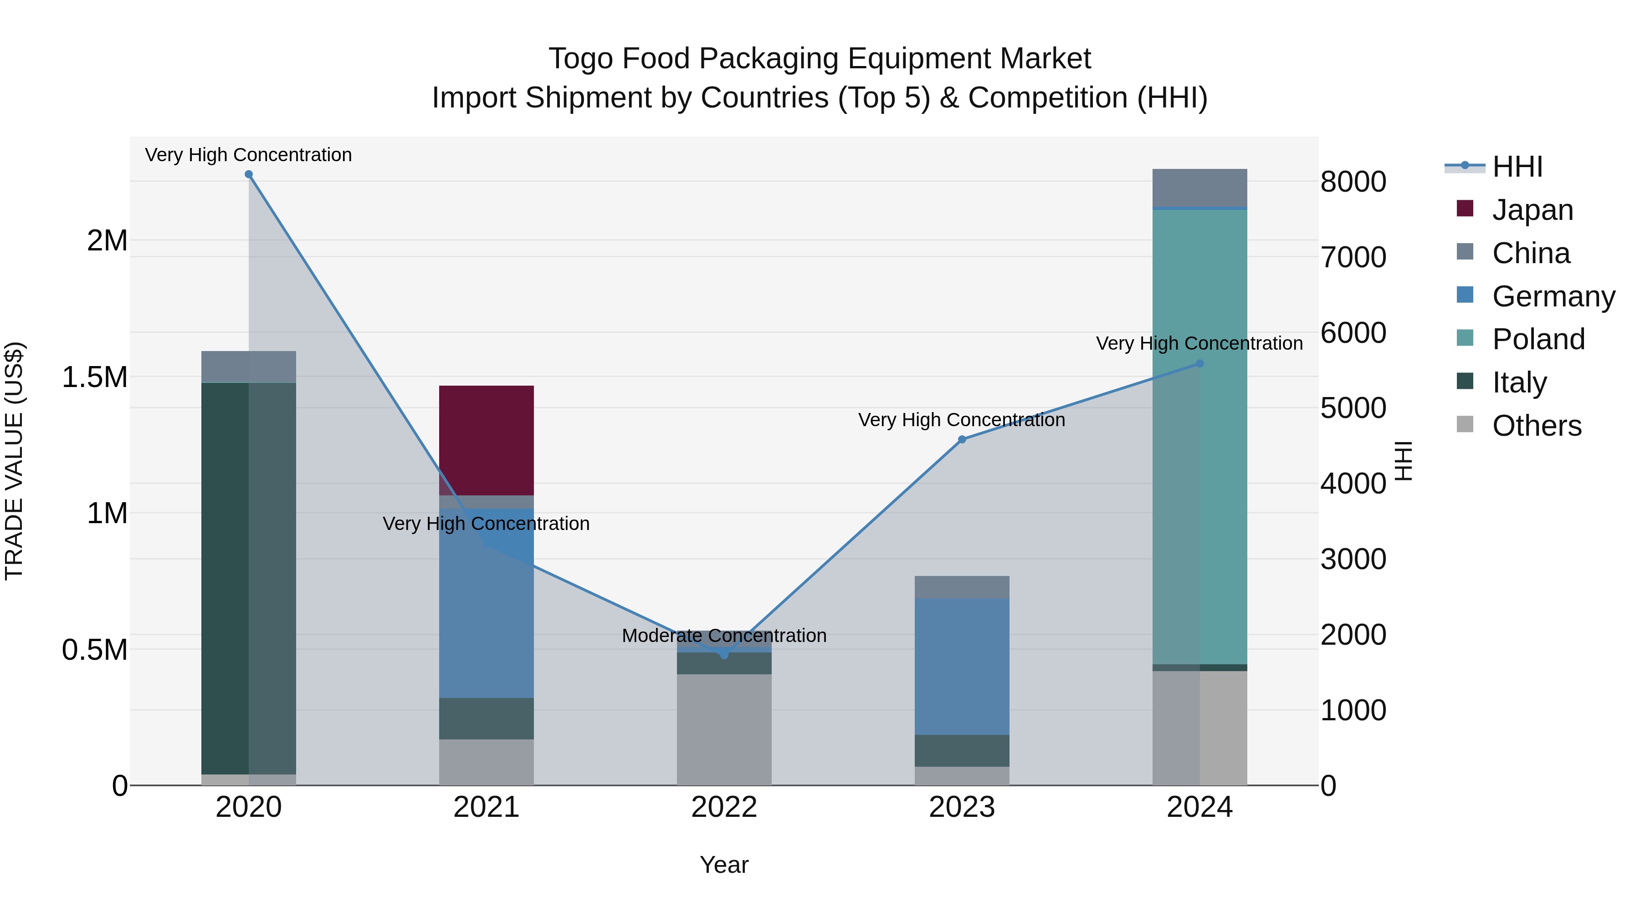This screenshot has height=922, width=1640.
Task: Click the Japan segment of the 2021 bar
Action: click(487, 440)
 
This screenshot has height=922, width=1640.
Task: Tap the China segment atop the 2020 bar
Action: click(248, 367)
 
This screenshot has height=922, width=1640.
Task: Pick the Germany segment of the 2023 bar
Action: click(961, 666)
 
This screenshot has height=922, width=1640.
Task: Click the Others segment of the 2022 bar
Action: click(724, 729)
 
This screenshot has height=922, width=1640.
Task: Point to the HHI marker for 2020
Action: click(249, 174)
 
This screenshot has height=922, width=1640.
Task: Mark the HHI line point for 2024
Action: click(1199, 363)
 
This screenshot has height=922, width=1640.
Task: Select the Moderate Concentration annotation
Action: click(724, 636)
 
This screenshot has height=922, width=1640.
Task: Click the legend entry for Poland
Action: click(1538, 339)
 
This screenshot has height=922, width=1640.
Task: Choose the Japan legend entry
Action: click(1532, 210)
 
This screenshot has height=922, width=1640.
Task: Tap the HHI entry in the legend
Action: click(1517, 167)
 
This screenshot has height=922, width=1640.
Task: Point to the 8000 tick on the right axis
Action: click(1353, 182)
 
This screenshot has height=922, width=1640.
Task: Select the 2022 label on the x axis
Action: click(724, 807)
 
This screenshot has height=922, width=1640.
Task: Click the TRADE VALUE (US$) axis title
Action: click(14, 461)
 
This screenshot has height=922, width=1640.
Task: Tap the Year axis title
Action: click(724, 865)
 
